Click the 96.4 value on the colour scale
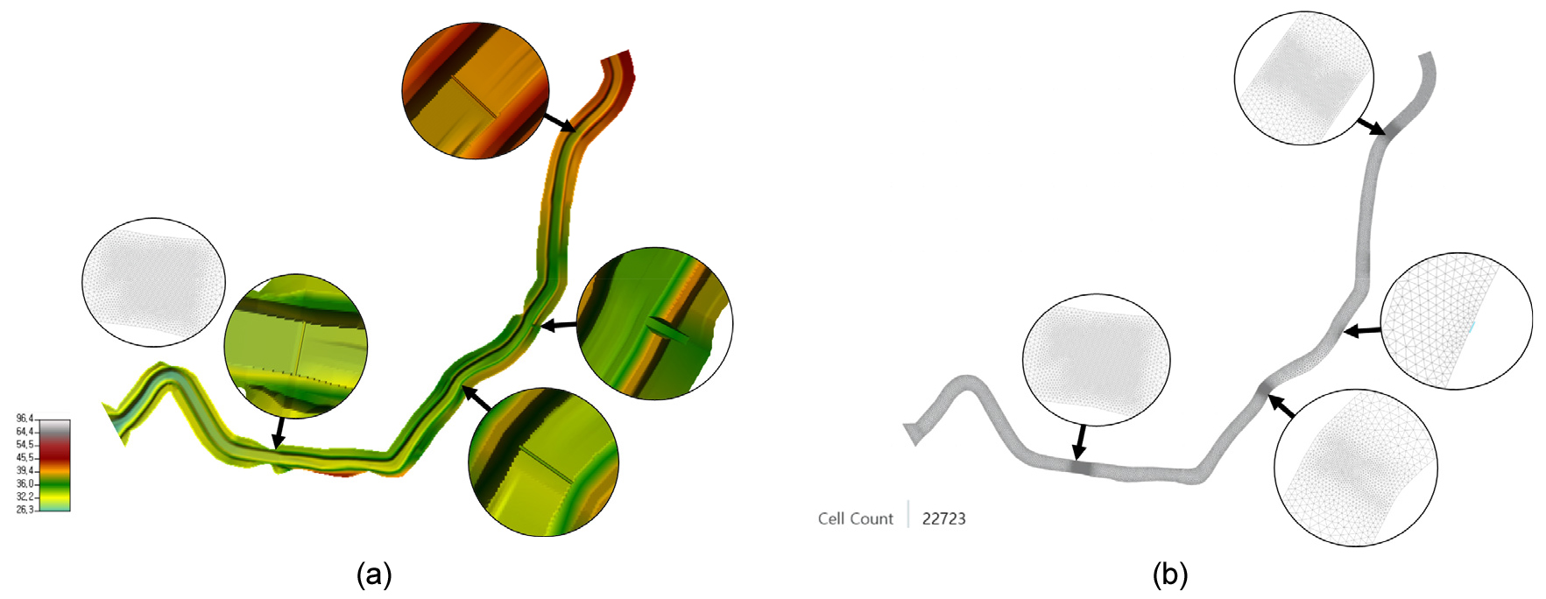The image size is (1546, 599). pos(25,419)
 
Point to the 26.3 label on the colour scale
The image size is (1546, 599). pos(25,510)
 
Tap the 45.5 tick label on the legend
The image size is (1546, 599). pos(25,457)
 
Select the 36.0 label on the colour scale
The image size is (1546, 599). pos(25,483)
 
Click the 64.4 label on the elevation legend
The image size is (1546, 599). pos(25,432)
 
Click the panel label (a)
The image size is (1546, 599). pos(374,574)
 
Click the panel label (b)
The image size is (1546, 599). pos(1170,574)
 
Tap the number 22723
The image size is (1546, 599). pos(943,518)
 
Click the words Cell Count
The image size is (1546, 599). pos(855,518)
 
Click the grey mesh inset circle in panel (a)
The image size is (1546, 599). pos(153,282)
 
